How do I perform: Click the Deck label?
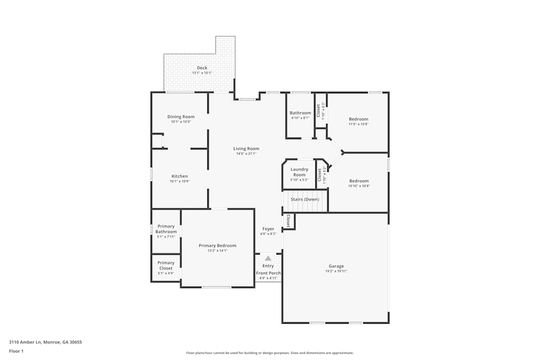click(x=202, y=68)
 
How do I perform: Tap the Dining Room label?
click(x=181, y=117)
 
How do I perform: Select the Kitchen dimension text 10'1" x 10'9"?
click(x=180, y=181)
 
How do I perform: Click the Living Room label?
click(x=246, y=148)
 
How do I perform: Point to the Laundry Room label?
click(x=299, y=172)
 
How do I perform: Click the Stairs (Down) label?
click(x=305, y=199)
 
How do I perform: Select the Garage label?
click(x=336, y=266)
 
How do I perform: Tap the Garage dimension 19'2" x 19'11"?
click(x=336, y=271)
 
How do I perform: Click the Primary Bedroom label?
click(x=218, y=246)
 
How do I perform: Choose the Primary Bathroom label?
click(x=166, y=229)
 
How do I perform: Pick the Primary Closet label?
click(x=166, y=266)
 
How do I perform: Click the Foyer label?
click(x=268, y=229)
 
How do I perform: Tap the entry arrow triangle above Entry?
click(x=268, y=259)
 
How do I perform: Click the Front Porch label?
click(x=268, y=273)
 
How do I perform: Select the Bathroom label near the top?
click(x=300, y=113)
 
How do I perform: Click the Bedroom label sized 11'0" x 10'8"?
click(x=359, y=119)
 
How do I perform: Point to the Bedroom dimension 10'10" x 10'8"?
click(x=359, y=186)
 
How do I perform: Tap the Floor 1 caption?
click(x=16, y=351)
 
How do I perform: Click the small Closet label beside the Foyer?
click(x=288, y=220)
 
